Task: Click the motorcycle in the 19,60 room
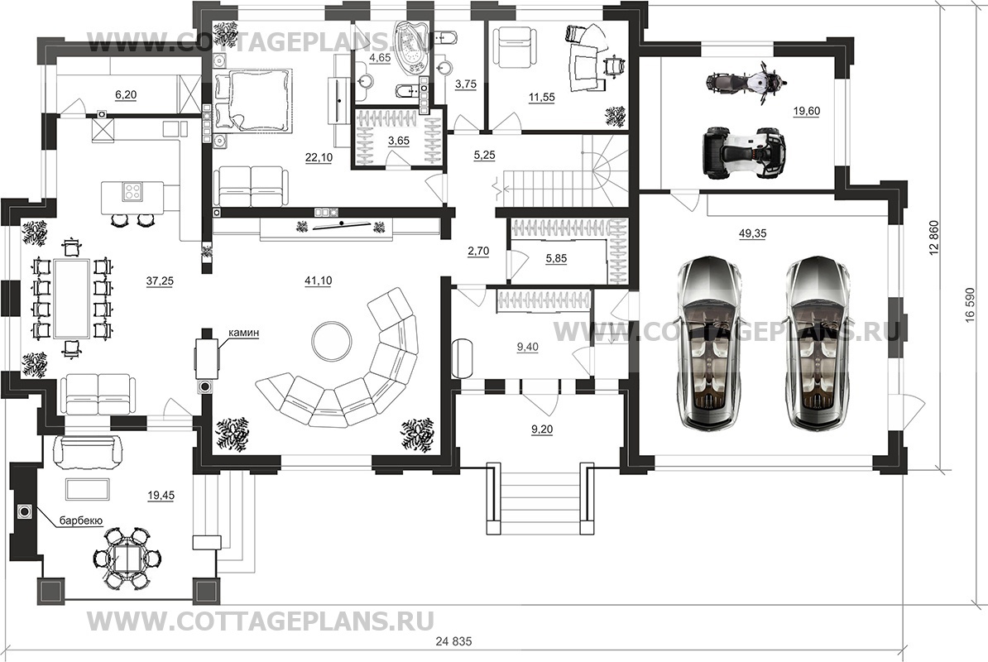click(744, 84)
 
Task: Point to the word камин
click(245, 333)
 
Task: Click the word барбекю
click(79, 521)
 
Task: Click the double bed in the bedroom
click(252, 100)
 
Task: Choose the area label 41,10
click(319, 281)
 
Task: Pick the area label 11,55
click(542, 98)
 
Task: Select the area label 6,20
click(126, 96)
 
